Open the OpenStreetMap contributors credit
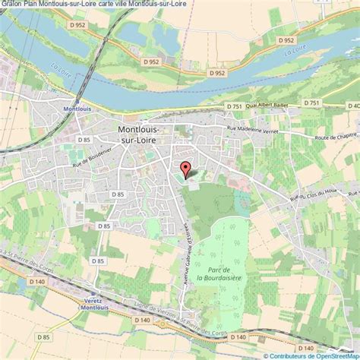click(x=313, y=354)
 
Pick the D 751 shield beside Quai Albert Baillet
click(x=233, y=107)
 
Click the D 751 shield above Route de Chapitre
click(x=311, y=103)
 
